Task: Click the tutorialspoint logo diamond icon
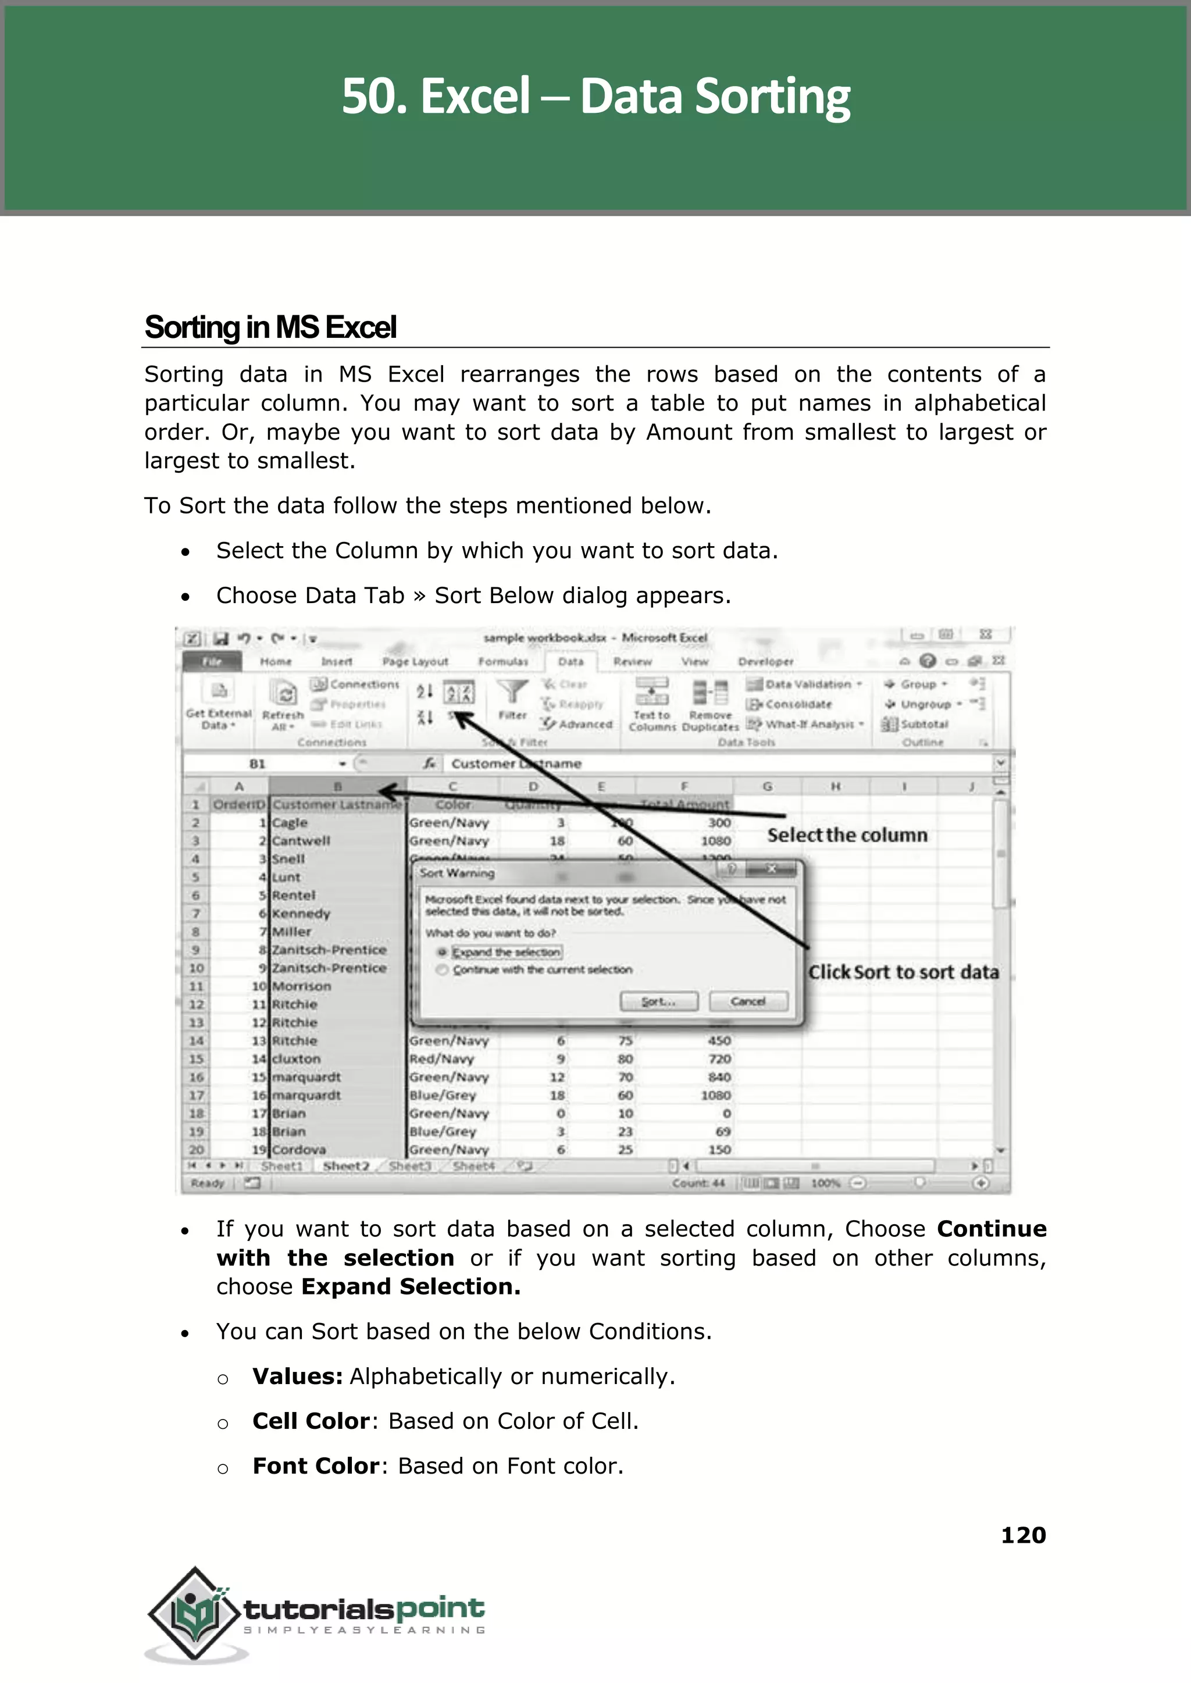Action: (194, 1613)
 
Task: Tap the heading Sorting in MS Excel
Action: (270, 327)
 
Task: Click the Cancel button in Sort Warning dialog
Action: (748, 1001)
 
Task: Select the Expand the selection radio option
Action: (442, 952)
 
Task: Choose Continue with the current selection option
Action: (442, 969)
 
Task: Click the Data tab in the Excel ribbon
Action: (570, 661)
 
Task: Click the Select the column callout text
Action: (847, 835)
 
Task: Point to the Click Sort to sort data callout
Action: (903, 972)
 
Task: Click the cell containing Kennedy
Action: (301, 914)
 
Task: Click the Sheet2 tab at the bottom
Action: (345, 1166)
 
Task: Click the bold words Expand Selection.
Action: (410, 1286)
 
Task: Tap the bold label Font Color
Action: (315, 1466)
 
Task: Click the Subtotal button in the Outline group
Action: (923, 725)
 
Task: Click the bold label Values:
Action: (297, 1377)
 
